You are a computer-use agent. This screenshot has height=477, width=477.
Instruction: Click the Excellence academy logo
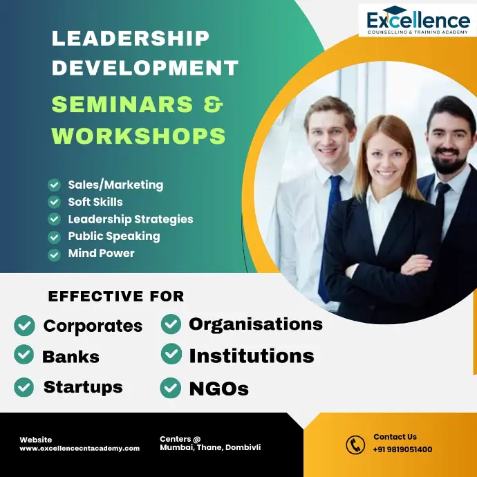[418, 20]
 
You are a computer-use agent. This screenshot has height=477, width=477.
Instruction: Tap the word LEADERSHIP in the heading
[131, 38]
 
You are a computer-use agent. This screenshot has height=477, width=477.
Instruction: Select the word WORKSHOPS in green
[138, 135]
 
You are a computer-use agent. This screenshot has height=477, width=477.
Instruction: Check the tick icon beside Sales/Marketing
[54, 185]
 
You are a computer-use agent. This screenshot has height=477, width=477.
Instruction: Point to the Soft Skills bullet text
[95, 202]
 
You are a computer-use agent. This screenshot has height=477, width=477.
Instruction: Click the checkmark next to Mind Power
[54, 255]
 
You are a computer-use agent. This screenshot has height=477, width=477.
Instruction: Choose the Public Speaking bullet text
[114, 236]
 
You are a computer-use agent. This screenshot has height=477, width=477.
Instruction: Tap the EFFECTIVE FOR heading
[116, 297]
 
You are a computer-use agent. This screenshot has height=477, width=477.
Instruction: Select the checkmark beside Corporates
[24, 326]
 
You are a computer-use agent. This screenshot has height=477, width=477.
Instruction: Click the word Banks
[71, 357]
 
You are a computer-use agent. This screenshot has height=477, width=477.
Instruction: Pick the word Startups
[83, 388]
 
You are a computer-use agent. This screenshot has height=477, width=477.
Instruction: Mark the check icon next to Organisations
[171, 324]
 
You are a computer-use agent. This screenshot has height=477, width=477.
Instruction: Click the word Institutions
[252, 356]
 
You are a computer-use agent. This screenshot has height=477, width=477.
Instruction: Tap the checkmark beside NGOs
[170, 388]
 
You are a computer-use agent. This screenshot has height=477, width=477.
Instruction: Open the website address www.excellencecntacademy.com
[79, 449]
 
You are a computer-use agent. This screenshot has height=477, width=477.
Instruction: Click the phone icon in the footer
[355, 445]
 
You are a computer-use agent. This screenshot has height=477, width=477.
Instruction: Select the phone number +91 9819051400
[402, 449]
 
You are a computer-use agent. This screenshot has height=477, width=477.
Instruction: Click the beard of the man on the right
[449, 161]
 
